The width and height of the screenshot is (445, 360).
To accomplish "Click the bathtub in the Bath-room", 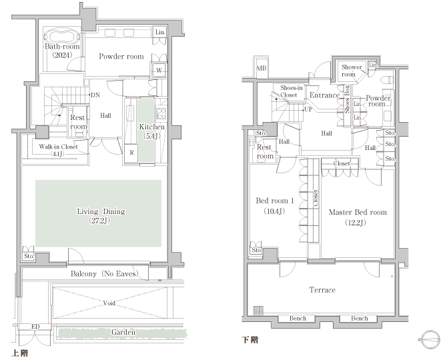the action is point(61,36).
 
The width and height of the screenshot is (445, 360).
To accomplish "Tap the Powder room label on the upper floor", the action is point(121,57).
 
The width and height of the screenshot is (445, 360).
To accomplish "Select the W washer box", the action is point(159,70).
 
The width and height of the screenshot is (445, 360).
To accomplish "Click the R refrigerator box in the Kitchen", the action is point(131,153).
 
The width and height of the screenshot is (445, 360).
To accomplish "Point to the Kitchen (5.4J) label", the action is point(152,131).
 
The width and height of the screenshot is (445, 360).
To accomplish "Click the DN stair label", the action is point(95,95).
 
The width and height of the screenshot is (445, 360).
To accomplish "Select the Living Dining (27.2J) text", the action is point(101,215).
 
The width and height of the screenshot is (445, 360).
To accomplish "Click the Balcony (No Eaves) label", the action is point(105,274).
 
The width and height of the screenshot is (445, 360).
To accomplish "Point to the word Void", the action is point(109,303).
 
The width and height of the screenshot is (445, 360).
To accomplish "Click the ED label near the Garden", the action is point(35,327).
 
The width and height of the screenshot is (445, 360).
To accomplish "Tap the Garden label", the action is point(123,332).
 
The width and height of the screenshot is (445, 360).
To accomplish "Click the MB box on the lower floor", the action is point(262,68).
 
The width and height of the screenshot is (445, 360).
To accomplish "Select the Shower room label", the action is point(352,71).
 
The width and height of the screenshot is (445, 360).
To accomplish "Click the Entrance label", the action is point(324,95).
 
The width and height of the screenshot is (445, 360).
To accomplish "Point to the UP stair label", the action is point(308,109).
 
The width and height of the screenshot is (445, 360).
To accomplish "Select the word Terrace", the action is point(322,290).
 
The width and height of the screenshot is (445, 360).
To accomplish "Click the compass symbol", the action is point(430,339).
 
